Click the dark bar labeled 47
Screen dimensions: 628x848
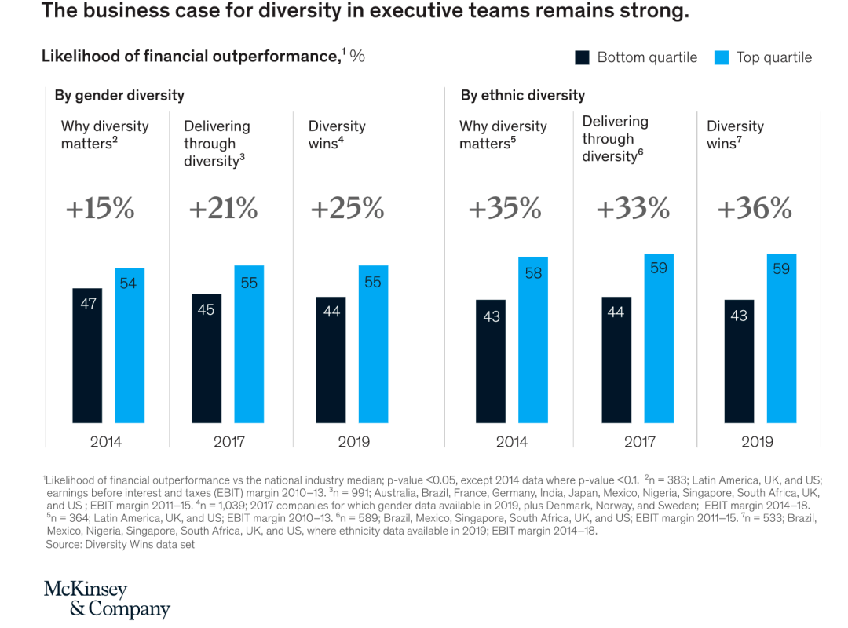pos(87,356)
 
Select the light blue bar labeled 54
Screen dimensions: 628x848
pos(129,345)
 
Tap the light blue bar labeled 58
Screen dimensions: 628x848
pos(533,340)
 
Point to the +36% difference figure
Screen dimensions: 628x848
pos(755,209)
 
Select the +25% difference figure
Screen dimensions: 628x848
pos(347,209)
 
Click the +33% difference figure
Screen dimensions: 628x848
pos(633,209)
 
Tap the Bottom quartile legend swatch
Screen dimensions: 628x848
pos(583,57)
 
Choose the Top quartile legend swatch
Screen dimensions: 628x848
pos(722,57)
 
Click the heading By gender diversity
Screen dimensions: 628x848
pos(119,96)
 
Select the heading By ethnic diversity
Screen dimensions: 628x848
pos(523,96)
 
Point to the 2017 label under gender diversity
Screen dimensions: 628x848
pos(229,442)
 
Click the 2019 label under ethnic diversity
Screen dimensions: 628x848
pos(757,442)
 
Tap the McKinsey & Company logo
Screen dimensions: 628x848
pos(107,600)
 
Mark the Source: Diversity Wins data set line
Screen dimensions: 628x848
pos(120,544)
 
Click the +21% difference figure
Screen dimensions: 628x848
pos(224,209)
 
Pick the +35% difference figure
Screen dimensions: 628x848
pos(505,209)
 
